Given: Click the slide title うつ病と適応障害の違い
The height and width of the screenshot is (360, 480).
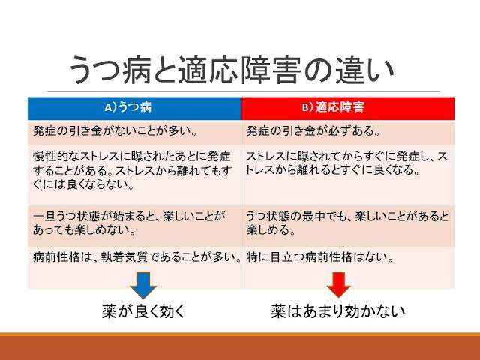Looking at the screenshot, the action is click(232, 70).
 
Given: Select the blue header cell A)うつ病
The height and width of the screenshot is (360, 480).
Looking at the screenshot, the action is click(134, 108).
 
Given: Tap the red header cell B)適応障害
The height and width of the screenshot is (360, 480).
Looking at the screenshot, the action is click(348, 108).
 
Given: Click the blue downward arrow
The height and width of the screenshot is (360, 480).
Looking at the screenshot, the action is click(143, 285).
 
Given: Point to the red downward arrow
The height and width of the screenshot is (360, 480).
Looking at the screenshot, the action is click(338, 285).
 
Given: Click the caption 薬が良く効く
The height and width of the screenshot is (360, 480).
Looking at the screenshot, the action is click(143, 311).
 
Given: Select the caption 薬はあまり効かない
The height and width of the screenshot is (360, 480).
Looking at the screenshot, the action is click(338, 311).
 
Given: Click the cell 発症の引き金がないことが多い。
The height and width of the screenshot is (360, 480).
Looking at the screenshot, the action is click(134, 133).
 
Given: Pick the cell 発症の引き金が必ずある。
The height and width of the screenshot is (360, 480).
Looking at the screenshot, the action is click(348, 133).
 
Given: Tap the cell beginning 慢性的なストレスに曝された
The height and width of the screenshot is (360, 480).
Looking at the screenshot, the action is click(134, 175).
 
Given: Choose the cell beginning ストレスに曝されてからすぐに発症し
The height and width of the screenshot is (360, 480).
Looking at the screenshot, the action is click(348, 175).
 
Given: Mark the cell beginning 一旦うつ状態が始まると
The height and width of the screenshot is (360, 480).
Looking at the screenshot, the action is click(134, 226).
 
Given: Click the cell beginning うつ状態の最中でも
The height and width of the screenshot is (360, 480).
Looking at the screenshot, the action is click(348, 226).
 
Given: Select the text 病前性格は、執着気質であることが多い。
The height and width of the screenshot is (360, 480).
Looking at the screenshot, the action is click(136, 257).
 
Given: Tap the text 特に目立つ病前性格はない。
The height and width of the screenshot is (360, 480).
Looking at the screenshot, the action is click(320, 257).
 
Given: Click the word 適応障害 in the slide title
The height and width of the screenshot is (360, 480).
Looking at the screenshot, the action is click(239, 70).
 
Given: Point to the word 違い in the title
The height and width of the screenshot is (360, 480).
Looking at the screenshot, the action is click(364, 70).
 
